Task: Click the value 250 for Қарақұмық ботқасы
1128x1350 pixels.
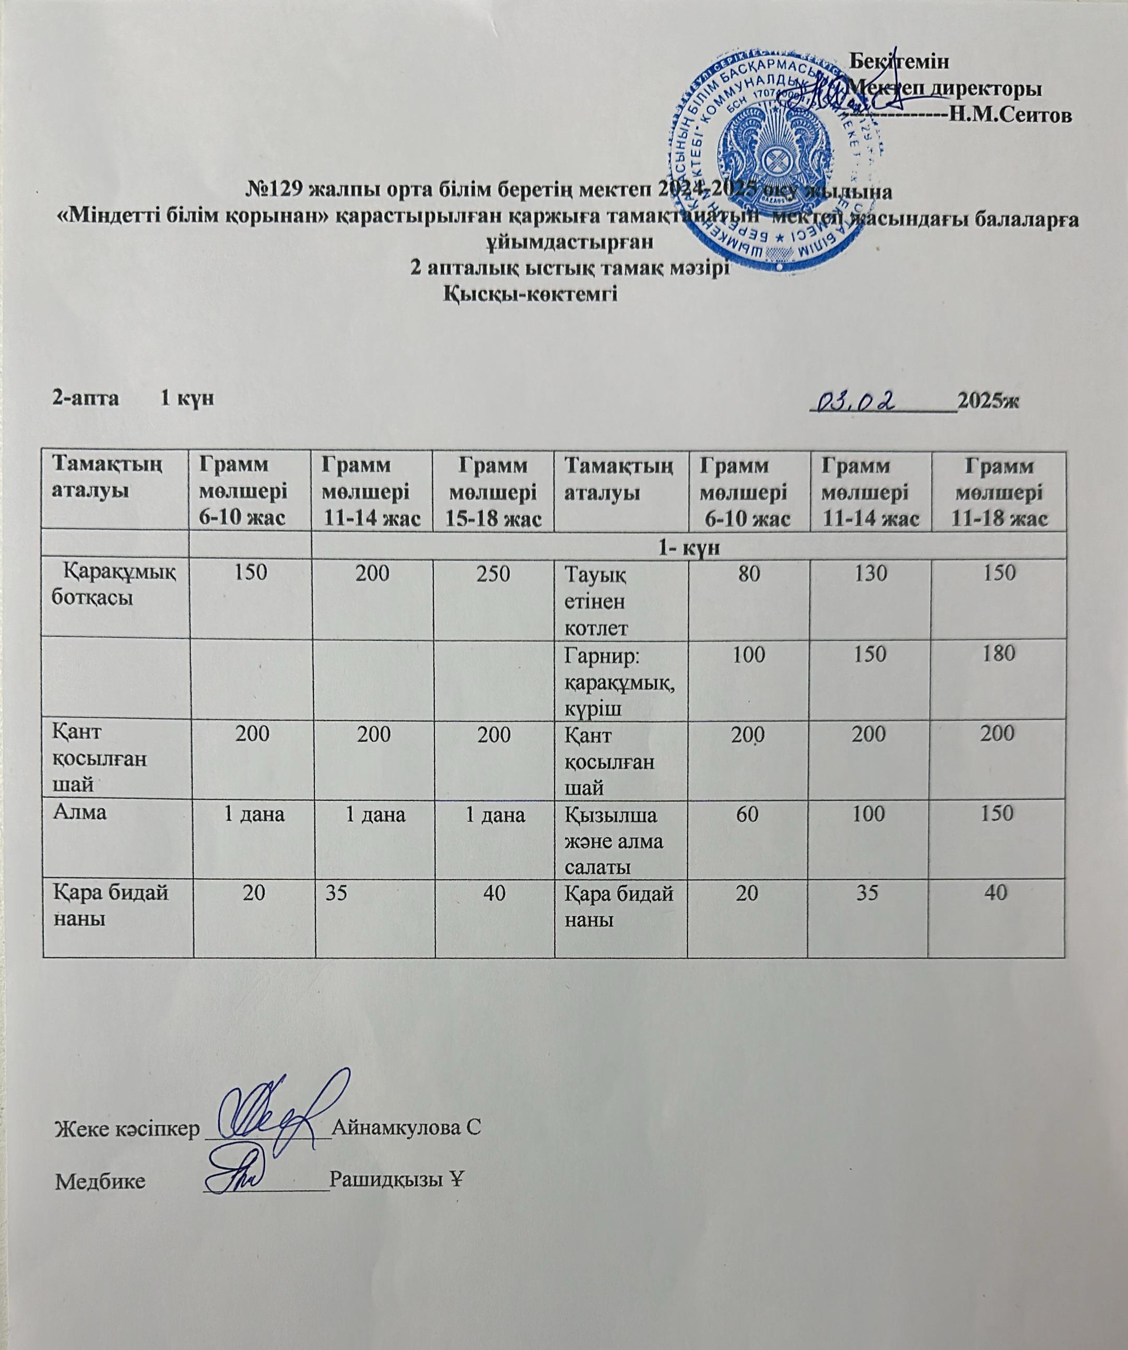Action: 494,573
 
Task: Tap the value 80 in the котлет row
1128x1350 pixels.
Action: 748,573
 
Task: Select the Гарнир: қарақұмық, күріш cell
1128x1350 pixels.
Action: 619,681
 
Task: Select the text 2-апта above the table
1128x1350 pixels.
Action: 86,399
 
